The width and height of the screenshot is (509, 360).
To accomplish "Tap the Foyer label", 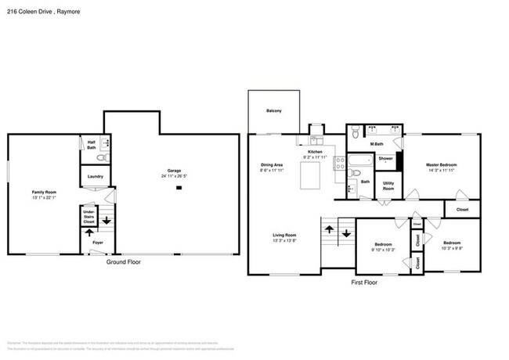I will (97, 243).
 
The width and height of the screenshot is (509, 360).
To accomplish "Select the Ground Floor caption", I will (124, 262).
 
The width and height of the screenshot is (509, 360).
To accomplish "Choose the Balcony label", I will (274, 111).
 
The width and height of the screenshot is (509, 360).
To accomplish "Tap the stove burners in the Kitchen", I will (340, 164).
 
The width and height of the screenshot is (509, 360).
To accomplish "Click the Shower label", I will (386, 159).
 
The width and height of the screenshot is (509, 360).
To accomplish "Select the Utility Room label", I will (388, 189).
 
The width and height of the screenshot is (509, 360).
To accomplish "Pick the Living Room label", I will (283, 235).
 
